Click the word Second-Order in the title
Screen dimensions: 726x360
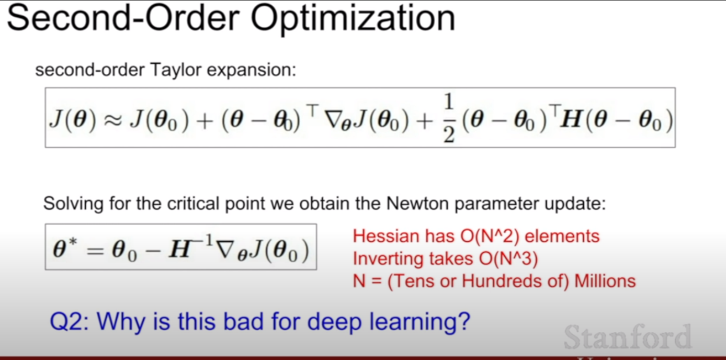click(123, 17)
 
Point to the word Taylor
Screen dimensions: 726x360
click(176, 70)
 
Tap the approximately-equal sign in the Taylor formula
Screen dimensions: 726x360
click(113, 120)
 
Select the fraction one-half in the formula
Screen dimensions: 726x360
click(449, 118)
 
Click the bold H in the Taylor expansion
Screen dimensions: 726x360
click(571, 119)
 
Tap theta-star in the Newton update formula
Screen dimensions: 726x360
click(65, 248)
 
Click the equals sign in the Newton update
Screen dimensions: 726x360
click(95, 251)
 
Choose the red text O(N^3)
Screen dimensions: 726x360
click(508, 259)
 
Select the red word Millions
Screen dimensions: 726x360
click(605, 281)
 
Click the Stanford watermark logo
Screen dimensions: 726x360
click(628, 337)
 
